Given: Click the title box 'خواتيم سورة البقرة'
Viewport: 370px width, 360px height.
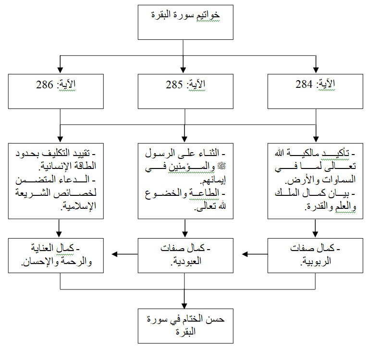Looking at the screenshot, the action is (x=185, y=22).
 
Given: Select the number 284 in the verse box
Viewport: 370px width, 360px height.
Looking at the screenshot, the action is (x=304, y=84).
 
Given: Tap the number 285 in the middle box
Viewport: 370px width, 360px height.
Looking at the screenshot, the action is (x=174, y=84).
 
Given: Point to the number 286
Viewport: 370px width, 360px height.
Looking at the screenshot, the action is (x=44, y=84).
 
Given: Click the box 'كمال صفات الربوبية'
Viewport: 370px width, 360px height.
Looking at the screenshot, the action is (x=315, y=255).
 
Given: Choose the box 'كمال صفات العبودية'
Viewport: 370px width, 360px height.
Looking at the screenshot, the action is (x=185, y=255).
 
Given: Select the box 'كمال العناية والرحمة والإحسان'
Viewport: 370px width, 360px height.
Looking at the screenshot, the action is (x=56, y=255).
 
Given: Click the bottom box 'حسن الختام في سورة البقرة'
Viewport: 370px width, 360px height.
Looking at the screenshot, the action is (x=185, y=326).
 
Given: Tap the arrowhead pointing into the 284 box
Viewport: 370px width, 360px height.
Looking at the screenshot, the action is (x=316, y=70).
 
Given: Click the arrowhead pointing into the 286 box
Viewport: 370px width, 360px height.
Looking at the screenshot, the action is (x=60, y=70).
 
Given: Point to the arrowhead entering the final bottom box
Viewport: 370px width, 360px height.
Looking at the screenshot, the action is (x=185, y=306).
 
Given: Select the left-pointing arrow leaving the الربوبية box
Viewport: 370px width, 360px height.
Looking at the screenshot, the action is (x=255, y=254).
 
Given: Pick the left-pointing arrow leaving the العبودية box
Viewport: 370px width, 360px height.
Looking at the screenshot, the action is (x=124, y=254).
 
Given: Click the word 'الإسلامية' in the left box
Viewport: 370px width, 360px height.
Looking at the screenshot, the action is (x=80, y=206).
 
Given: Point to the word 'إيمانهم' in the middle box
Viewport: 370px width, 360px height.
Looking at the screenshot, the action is (x=213, y=180).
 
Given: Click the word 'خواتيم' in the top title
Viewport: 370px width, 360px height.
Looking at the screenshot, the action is (x=208, y=15).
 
